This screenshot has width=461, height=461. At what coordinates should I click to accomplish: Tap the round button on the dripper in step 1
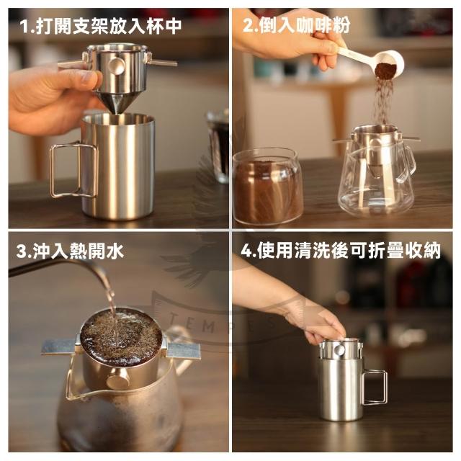(x=117, y=66)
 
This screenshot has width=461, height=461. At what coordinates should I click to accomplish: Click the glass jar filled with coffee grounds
(x=267, y=186)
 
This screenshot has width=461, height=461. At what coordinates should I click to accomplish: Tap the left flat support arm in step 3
(x=60, y=346)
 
